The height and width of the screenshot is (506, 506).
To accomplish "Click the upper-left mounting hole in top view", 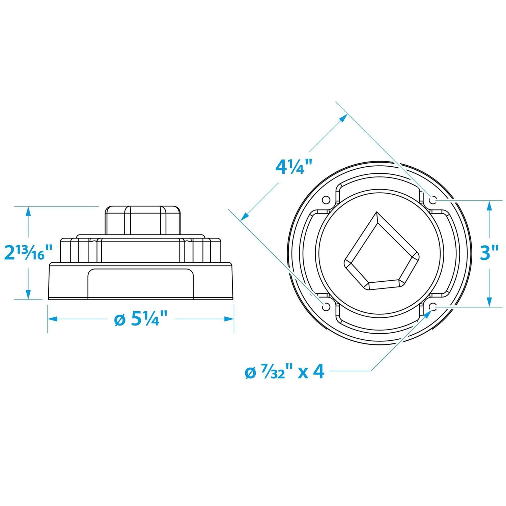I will pos(326,200).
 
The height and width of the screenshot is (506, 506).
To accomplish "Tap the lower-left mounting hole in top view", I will pos(326,307).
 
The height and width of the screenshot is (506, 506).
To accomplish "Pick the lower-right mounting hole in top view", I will pos(433,307).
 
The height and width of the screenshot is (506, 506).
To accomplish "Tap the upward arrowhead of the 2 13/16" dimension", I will pos(28,211).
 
